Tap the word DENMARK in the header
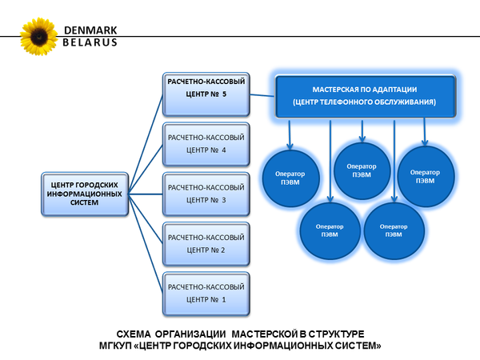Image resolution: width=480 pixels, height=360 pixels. [89, 30]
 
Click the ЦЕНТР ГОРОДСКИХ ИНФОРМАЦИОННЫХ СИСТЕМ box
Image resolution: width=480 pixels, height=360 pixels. [84, 193]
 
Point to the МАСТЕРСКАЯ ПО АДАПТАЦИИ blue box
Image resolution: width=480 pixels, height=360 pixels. [366, 94]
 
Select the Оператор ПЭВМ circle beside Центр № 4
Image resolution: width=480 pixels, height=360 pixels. [287, 174]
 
